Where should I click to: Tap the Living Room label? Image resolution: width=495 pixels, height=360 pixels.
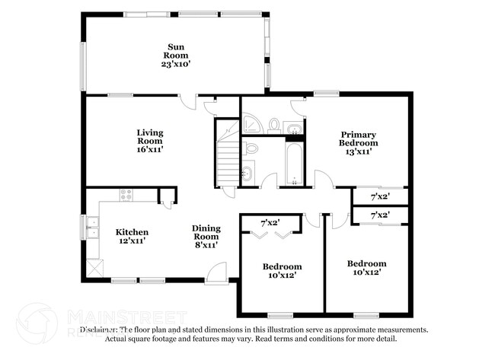150,136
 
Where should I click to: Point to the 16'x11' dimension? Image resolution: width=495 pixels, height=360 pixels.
150,149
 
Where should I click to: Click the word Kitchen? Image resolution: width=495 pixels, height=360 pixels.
131,232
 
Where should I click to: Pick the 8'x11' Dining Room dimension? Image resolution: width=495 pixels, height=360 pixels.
206,245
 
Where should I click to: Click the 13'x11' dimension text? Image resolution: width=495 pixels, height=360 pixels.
358,151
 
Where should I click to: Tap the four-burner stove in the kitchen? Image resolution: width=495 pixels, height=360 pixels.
125,195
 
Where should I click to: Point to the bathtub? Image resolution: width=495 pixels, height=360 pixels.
294,162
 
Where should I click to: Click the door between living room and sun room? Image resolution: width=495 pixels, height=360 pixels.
188,103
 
